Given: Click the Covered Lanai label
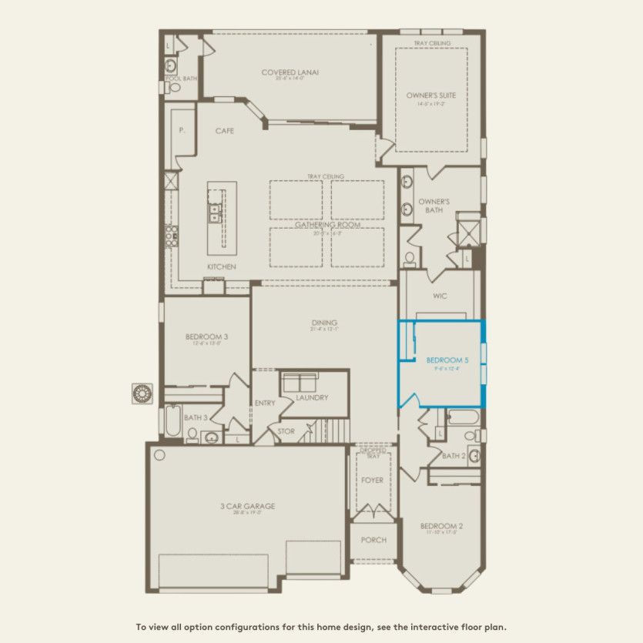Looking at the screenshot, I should [x=290, y=73].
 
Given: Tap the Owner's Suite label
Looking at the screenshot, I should [x=431, y=95].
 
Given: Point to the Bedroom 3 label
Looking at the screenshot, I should [x=206, y=337].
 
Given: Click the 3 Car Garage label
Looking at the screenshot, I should [x=247, y=506].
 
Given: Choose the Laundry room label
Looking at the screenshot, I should [x=312, y=397].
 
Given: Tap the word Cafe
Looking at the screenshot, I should [x=224, y=131].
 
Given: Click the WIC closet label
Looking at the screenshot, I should [x=440, y=296].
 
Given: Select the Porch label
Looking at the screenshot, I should [x=373, y=540].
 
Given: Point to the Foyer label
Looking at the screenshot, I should [x=373, y=481].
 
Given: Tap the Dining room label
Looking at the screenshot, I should [x=325, y=323].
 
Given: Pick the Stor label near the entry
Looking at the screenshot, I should [x=286, y=431].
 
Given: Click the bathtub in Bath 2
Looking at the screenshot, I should [x=463, y=417].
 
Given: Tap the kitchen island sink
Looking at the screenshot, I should [x=214, y=213].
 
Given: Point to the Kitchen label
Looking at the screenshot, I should [x=221, y=266].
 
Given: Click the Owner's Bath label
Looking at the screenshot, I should [x=434, y=206].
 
